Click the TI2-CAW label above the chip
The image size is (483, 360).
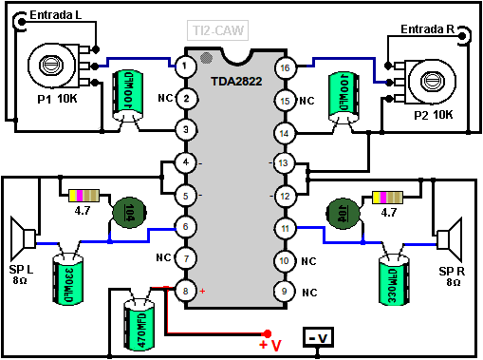coord(219,30)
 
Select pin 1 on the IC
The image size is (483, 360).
coord(187,66)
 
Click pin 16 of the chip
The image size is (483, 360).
coord(284,67)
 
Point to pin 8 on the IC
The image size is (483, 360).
coord(187,291)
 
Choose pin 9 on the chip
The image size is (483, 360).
coord(284,291)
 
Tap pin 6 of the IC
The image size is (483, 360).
coord(187,227)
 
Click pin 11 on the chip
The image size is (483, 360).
coord(284,228)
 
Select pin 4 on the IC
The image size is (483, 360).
coord(187,162)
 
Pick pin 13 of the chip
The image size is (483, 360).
coord(284,163)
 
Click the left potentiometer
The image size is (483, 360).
coord(57,65)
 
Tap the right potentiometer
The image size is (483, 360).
coord(425,73)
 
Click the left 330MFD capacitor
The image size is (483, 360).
coord(69,275)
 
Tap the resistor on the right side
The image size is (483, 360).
coord(389,197)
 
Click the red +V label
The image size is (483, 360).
coord(270,344)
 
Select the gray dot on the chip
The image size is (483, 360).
coord(207,59)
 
